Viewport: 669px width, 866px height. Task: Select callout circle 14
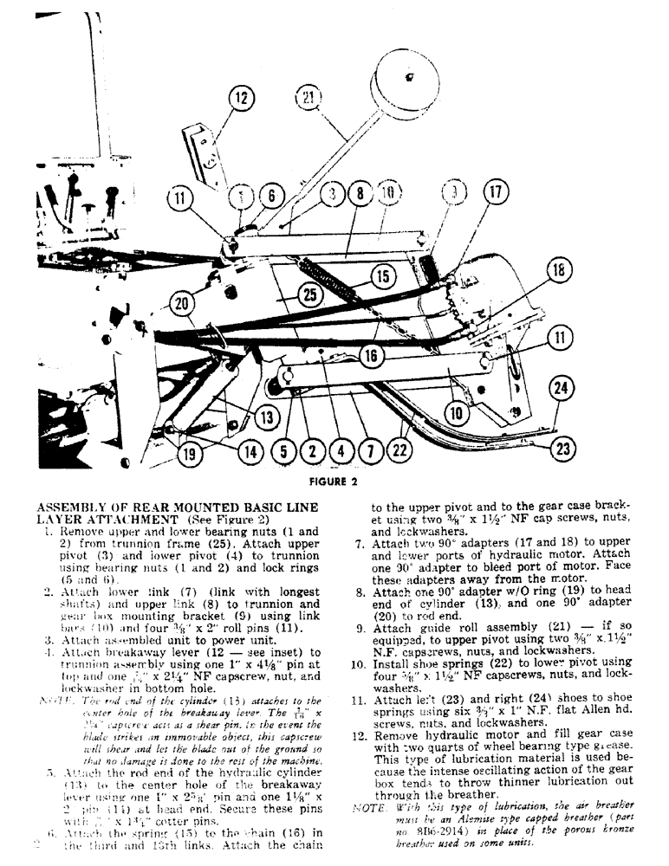click(250, 450)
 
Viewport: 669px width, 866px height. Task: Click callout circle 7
click(370, 450)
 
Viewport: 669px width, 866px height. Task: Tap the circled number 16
click(372, 353)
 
